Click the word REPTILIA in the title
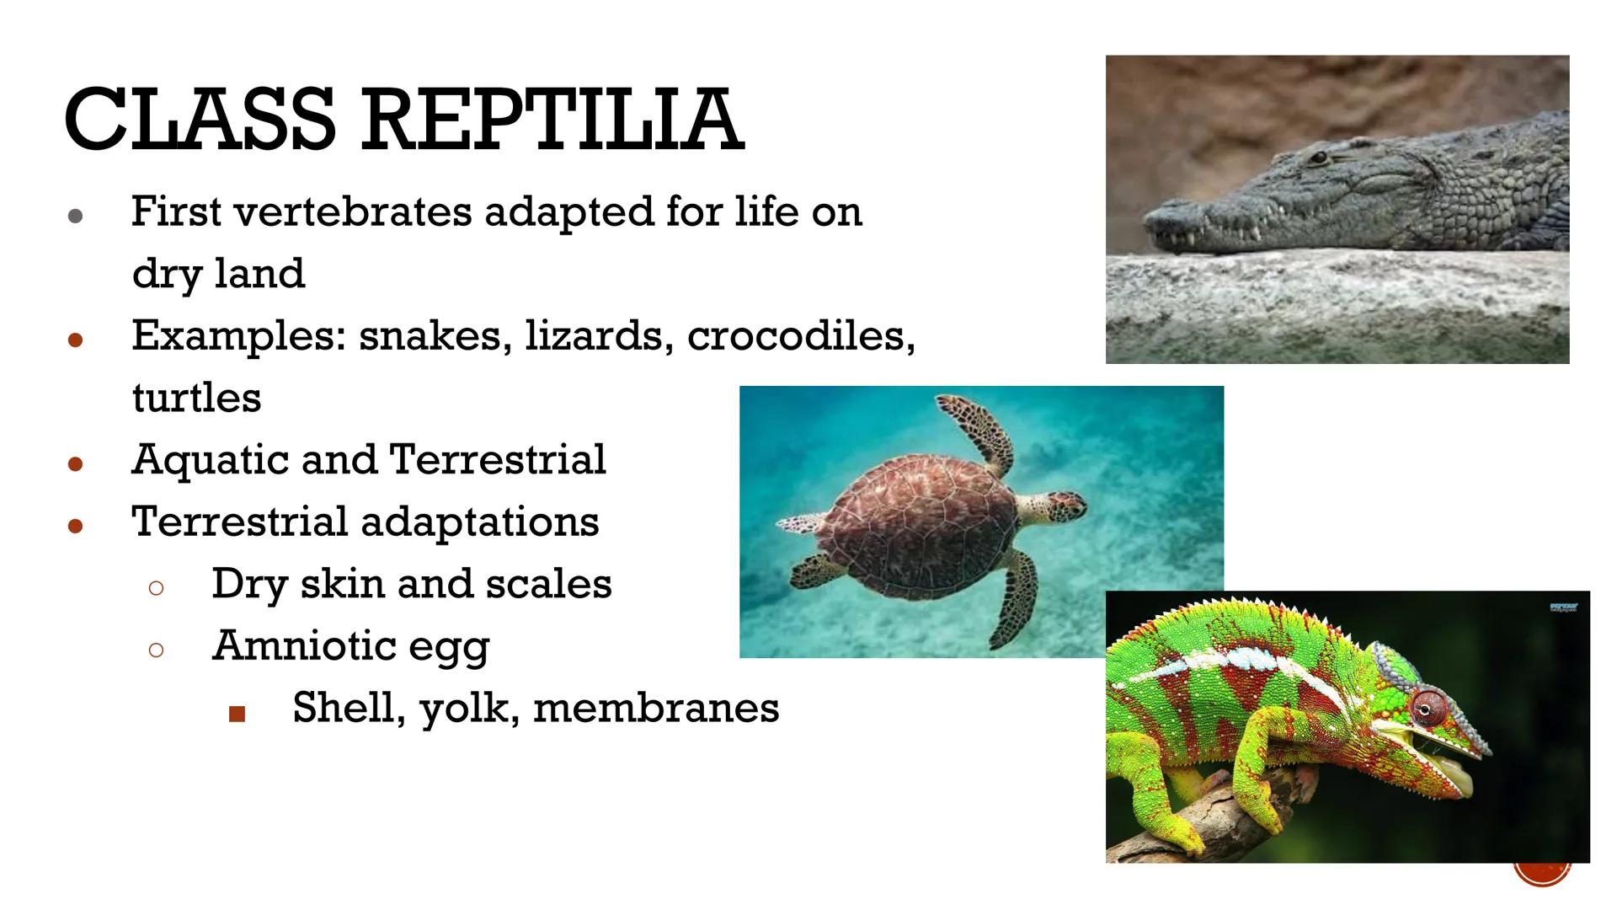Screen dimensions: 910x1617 point(552,120)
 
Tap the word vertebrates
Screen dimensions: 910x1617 point(353,211)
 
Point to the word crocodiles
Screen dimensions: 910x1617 point(800,336)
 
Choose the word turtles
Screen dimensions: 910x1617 point(196,398)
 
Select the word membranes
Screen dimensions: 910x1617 point(656,708)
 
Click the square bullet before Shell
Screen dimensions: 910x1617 point(237,715)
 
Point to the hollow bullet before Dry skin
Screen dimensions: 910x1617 point(156,588)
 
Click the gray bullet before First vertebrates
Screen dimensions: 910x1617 point(75,216)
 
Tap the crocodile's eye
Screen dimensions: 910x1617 point(1319,157)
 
